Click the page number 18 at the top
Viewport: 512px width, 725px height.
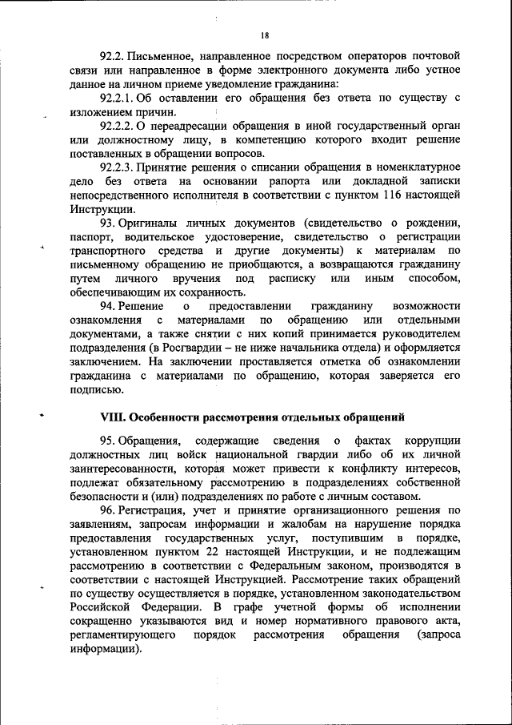coord(265,35)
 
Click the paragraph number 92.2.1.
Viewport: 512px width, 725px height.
coord(122,99)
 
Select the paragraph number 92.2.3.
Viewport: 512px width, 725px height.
coord(122,167)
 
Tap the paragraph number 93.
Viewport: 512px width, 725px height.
coord(109,223)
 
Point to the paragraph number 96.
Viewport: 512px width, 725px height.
coord(109,510)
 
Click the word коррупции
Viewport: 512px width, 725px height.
coord(432,441)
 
